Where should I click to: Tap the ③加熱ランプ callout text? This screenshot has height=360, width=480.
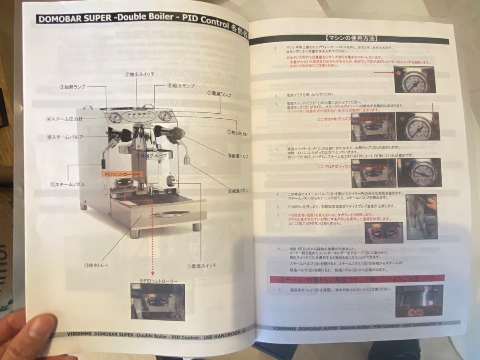coord(72,87)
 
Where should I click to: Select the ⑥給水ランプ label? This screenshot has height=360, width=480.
coord(181,85)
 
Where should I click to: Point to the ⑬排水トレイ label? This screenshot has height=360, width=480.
coord(96,265)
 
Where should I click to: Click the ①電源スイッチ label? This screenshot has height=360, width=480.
coord(201,266)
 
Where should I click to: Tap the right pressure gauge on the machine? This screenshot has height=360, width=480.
coord(165,116)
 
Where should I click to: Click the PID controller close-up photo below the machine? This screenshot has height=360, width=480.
coord(158,302)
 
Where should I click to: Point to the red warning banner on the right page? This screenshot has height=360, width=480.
coord(357,279)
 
